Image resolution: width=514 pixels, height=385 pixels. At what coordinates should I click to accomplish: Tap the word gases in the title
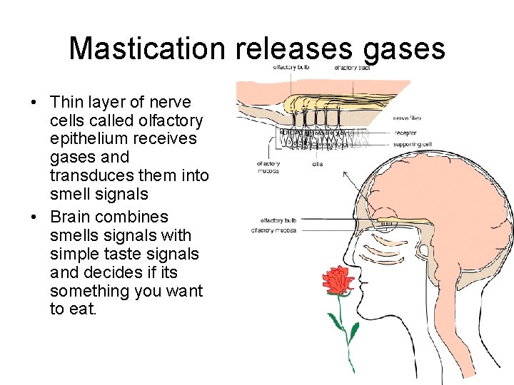tap(404, 48)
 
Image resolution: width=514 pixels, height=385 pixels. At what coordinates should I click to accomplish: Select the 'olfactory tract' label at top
tap(352, 68)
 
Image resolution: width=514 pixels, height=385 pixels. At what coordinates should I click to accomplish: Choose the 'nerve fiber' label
tap(407, 118)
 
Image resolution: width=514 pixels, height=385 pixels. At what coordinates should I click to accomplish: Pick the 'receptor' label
tap(404, 131)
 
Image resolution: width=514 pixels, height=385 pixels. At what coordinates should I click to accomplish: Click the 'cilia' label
tap(318, 163)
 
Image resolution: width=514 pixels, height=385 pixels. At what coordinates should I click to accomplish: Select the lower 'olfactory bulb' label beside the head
tap(278, 220)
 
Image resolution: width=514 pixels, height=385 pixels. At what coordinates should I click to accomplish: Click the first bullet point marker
tap(34, 103)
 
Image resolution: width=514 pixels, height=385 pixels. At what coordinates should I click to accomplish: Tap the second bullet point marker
tap(34, 217)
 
